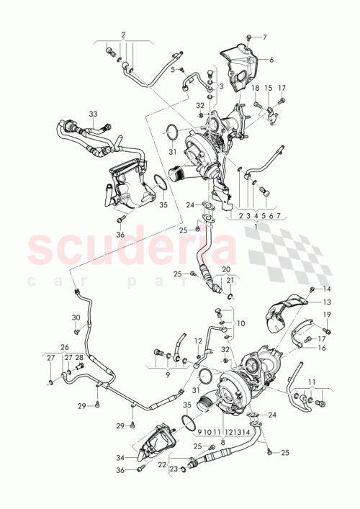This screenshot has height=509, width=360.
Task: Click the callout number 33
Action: (93, 114)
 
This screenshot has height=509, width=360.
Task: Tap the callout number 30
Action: (76, 317)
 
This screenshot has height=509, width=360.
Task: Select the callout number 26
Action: (65, 347)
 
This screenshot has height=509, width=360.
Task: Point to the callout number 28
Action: (79, 358)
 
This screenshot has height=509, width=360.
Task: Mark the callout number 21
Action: (230, 280)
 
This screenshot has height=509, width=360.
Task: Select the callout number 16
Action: (322, 347)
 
